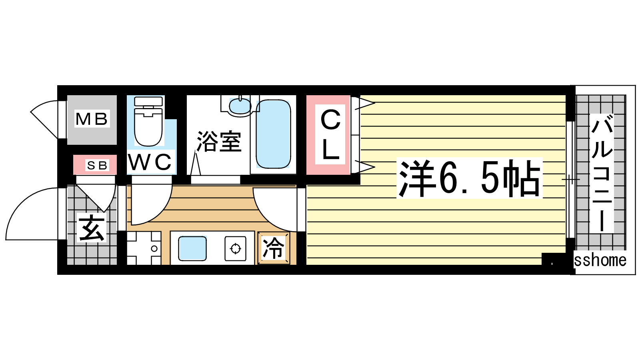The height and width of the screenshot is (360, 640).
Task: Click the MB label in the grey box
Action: [x=92, y=119]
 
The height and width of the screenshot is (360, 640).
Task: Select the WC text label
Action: [x=150, y=162]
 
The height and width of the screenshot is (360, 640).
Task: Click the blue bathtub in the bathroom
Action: [x=273, y=134]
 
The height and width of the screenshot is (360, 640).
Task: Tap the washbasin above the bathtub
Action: [x=240, y=106]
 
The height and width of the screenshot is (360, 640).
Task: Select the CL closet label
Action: [x=330, y=135]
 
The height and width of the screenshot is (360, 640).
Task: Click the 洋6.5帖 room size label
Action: [x=469, y=178]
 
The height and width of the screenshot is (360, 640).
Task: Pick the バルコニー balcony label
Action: [x=602, y=173]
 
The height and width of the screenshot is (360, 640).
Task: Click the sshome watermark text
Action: [x=600, y=260]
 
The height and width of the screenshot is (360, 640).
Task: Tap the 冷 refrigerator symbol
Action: [x=274, y=248]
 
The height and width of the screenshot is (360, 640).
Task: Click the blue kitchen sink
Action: [x=192, y=248]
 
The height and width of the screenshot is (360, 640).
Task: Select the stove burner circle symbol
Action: [x=236, y=248]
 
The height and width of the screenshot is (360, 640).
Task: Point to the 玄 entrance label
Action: [x=92, y=228]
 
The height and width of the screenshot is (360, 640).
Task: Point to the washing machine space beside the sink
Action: [x=144, y=248]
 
